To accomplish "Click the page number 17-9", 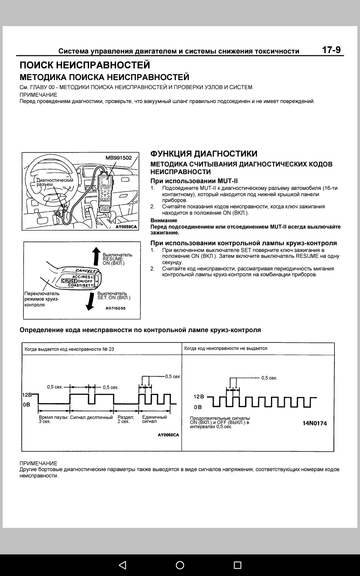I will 331,50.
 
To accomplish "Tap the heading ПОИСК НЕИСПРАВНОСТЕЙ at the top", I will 85,66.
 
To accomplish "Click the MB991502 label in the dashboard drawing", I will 119,158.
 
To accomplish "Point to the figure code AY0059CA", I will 126,227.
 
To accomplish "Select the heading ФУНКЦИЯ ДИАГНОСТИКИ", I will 204,154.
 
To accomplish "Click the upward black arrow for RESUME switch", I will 95,256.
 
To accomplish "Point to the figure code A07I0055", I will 116,308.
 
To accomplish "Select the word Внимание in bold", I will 163,220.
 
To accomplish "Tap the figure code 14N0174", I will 315,423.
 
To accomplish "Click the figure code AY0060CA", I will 168,435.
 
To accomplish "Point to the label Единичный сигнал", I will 154,419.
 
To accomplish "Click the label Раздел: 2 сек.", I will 126,419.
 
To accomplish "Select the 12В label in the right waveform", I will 199,396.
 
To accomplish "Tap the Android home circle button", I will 180,565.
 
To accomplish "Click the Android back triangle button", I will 122,565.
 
